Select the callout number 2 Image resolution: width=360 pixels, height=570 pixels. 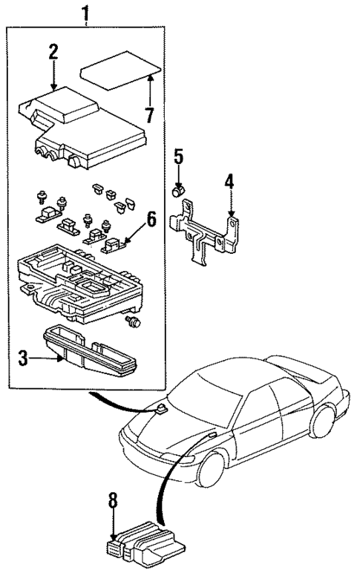pos(53,53)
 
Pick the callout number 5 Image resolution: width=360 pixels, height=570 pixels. pos(177,157)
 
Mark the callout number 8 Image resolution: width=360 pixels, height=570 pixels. pos(113,502)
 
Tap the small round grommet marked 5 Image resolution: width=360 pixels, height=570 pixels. pos(178,192)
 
